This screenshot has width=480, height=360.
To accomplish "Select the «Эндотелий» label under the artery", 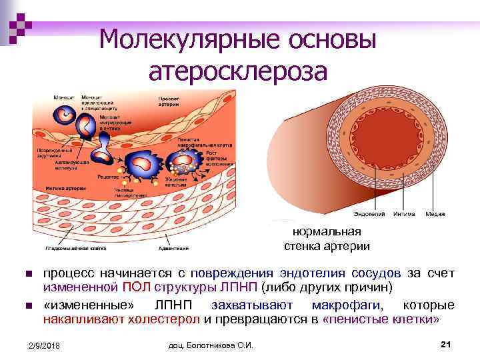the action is (x=366, y=214).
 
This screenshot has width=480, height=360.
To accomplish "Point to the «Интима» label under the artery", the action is (x=404, y=214).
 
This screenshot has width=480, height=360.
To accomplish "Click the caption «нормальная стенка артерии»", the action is (x=327, y=239).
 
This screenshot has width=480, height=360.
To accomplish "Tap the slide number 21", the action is (x=447, y=343).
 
